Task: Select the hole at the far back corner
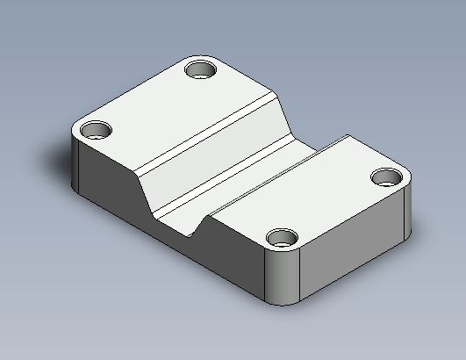203,68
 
